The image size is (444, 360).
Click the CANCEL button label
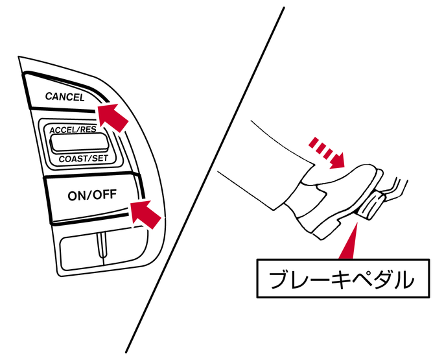[x=65, y=97]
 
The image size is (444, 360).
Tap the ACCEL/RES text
[x=73, y=130]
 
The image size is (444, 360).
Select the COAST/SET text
[x=84, y=158]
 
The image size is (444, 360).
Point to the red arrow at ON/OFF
[x=145, y=214]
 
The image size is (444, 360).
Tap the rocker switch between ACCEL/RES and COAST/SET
[x=79, y=143]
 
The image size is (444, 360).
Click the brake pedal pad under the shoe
[x=370, y=205]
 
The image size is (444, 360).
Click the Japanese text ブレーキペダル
[x=342, y=280]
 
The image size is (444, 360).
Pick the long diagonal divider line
[x=205, y=180]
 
